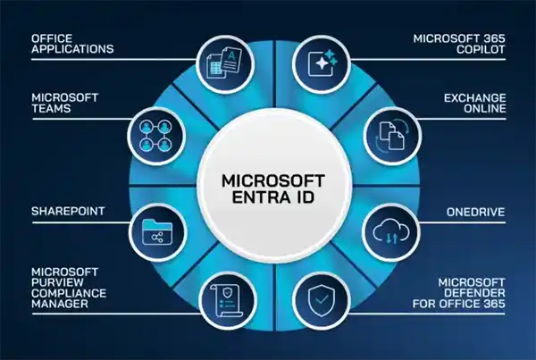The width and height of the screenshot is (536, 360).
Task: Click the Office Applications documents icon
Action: tap(224, 64)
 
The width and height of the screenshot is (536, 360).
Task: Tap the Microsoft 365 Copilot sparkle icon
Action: tap(322, 63)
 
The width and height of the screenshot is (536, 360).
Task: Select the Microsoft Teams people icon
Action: tap(155, 136)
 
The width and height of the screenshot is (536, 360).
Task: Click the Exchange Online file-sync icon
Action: tap(392, 136)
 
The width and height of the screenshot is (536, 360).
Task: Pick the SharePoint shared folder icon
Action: tap(157, 232)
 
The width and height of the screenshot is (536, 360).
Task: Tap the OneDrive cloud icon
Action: tap(391, 231)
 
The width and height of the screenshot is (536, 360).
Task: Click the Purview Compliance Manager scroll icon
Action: tap(226, 301)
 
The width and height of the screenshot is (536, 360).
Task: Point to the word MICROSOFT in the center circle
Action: tap(273, 180)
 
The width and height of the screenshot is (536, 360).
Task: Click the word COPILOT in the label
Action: tap(481, 49)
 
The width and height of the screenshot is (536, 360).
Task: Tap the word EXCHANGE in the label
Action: tap(475, 97)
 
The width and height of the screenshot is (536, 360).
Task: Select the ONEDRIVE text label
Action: tap(475, 212)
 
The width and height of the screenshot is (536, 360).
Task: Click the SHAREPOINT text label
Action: tap(68, 211)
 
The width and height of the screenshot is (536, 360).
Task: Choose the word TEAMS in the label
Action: tap(51, 108)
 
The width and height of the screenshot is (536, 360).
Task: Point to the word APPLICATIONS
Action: tap(72, 49)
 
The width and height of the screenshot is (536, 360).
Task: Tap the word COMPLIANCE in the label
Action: tap(69, 293)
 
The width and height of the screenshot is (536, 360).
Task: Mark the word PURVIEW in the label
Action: tap(57, 282)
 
